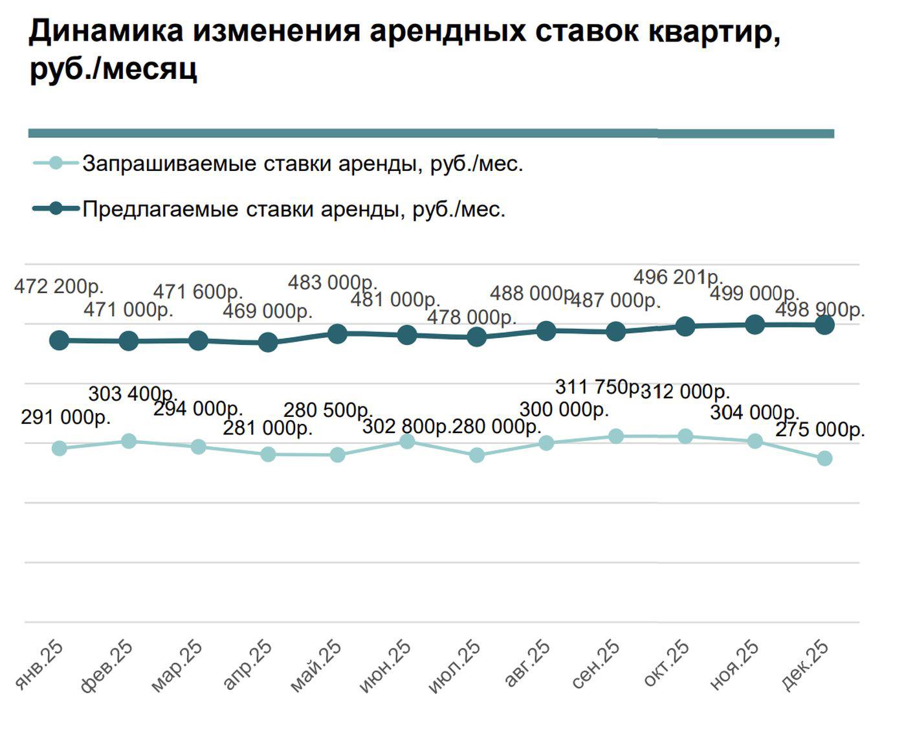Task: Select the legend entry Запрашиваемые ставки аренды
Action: (x=302, y=164)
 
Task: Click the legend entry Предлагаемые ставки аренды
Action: (x=293, y=209)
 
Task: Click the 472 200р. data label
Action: (x=59, y=285)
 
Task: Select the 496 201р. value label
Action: (x=678, y=277)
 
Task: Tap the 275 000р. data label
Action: (x=820, y=430)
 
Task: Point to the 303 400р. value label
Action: (x=133, y=393)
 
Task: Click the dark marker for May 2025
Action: (x=337, y=334)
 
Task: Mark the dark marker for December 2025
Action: (x=824, y=325)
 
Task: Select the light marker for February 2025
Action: (x=129, y=441)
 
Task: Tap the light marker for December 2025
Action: (x=824, y=458)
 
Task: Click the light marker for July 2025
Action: (x=476, y=455)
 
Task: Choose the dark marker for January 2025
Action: (x=59, y=340)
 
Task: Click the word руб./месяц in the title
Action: (x=114, y=69)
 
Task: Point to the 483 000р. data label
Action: (x=333, y=283)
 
